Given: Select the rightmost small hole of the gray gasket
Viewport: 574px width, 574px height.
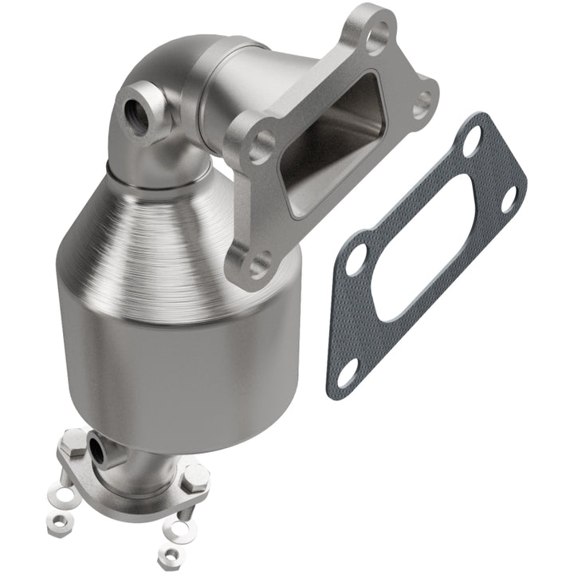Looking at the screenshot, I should pyautogui.click(x=508, y=202).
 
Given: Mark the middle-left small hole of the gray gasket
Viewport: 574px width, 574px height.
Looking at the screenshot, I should pyautogui.click(x=356, y=259).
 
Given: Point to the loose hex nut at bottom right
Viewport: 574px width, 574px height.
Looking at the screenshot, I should pyautogui.click(x=167, y=553).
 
